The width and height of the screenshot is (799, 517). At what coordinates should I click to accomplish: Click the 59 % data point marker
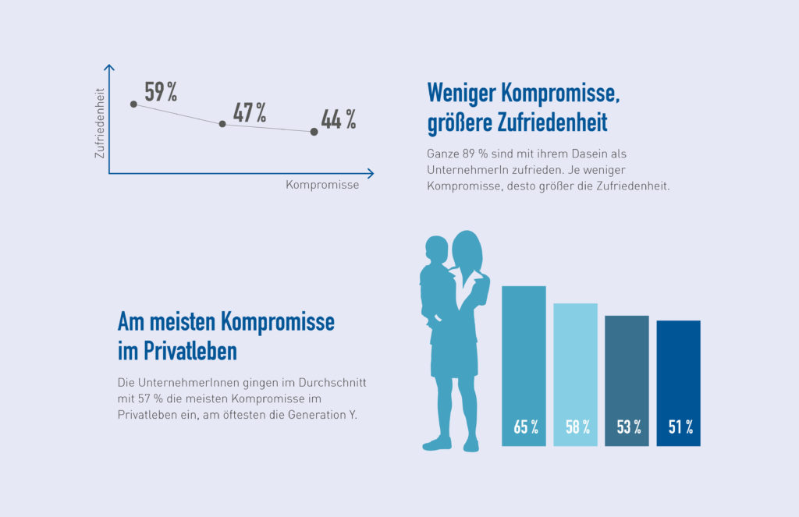pyautogui.click(x=133, y=104)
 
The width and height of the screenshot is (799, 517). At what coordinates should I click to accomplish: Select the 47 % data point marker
pyautogui.click(x=222, y=124)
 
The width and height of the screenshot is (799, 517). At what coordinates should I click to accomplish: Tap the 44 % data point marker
pyautogui.click(x=314, y=132)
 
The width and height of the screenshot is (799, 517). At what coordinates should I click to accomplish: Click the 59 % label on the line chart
pyautogui.click(x=161, y=92)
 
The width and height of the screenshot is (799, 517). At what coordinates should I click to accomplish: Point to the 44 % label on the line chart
pyautogui.click(x=339, y=120)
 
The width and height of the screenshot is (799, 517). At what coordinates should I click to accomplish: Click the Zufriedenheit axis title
pyautogui.click(x=99, y=123)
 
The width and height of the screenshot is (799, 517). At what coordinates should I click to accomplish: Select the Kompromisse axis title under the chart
pyautogui.click(x=322, y=186)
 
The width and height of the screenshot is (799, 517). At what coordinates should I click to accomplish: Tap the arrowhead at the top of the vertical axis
pyautogui.click(x=110, y=68)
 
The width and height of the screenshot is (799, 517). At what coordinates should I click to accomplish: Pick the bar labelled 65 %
pyautogui.click(x=524, y=359)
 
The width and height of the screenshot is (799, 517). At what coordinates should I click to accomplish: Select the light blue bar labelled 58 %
pyautogui.click(x=575, y=367)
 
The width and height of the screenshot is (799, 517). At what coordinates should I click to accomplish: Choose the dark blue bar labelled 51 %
pyautogui.click(x=678, y=376)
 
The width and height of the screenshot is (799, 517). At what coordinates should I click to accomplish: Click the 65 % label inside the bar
pyautogui.click(x=525, y=427)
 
